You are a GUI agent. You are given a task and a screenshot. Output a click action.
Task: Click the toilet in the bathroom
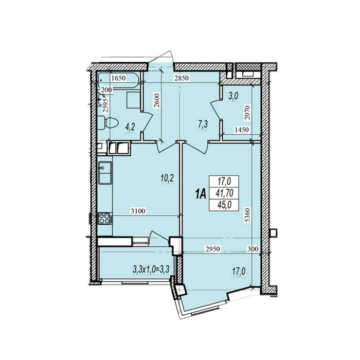coord(108,123)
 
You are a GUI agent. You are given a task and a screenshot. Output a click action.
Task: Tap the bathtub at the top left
coord(119,80)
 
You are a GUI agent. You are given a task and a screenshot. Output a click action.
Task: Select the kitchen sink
coord(105,173)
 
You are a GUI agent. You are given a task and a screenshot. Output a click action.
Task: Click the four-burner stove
coord(104,219)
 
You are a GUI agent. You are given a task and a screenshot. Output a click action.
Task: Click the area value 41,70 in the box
coord(224,193)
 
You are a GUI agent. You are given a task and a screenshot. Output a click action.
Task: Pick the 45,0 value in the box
coord(224,205)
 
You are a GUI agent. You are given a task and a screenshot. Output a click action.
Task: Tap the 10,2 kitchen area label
coord(167,178)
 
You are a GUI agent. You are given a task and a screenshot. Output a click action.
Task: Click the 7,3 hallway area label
coord(203,125)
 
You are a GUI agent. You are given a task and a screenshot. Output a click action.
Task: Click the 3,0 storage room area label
coord(233,97)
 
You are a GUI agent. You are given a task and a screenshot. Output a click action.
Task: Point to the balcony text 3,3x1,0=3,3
coord(151,269)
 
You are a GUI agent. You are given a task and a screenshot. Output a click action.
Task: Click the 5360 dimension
coord(247,214)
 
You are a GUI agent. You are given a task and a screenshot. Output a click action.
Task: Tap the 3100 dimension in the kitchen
coord(138,211)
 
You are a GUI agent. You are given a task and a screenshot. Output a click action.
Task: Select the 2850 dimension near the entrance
coord(182,78)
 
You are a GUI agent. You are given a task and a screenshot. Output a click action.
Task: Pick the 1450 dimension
coord(242,130)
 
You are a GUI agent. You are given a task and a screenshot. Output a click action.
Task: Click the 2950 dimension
coord(213,248)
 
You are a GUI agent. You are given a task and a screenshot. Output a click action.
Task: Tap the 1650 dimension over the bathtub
coord(118,78)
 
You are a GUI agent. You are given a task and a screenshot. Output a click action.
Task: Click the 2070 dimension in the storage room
coord(247,113)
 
